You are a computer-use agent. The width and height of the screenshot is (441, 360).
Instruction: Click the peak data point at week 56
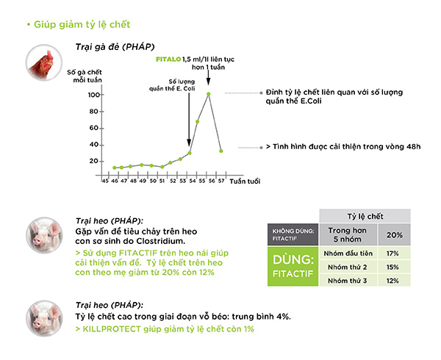click(x=209, y=94)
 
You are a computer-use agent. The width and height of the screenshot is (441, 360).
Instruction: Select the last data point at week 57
click(x=221, y=151)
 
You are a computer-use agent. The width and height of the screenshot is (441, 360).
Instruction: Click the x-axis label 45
click(x=105, y=181)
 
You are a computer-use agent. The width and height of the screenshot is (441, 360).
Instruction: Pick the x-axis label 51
click(x=162, y=181)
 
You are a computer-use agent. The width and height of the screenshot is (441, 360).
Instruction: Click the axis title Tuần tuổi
click(x=245, y=181)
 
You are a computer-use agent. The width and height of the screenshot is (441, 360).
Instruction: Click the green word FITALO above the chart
click(x=168, y=60)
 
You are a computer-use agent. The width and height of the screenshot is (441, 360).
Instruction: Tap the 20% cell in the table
click(x=394, y=235)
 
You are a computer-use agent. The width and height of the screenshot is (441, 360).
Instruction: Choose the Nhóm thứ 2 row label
click(x=348, y=267)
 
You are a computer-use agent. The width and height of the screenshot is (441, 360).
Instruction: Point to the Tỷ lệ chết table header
click(x=365, y=216)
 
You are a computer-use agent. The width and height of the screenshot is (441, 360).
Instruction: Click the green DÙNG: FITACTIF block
click(x=293, y=267)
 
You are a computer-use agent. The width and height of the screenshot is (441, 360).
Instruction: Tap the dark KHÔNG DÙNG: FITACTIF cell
click(x=293, y=234)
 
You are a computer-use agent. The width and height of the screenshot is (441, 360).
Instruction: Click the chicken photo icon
click(x=44, y=62)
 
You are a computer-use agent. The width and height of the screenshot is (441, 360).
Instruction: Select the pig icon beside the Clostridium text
click(x=44, y=235)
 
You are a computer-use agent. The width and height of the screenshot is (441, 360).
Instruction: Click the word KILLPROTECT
click(x=112, y=329)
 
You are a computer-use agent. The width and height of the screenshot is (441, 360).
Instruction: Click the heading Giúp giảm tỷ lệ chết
click(x=82, y=24)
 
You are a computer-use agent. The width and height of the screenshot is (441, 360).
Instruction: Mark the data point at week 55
click(x=198, y=122)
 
